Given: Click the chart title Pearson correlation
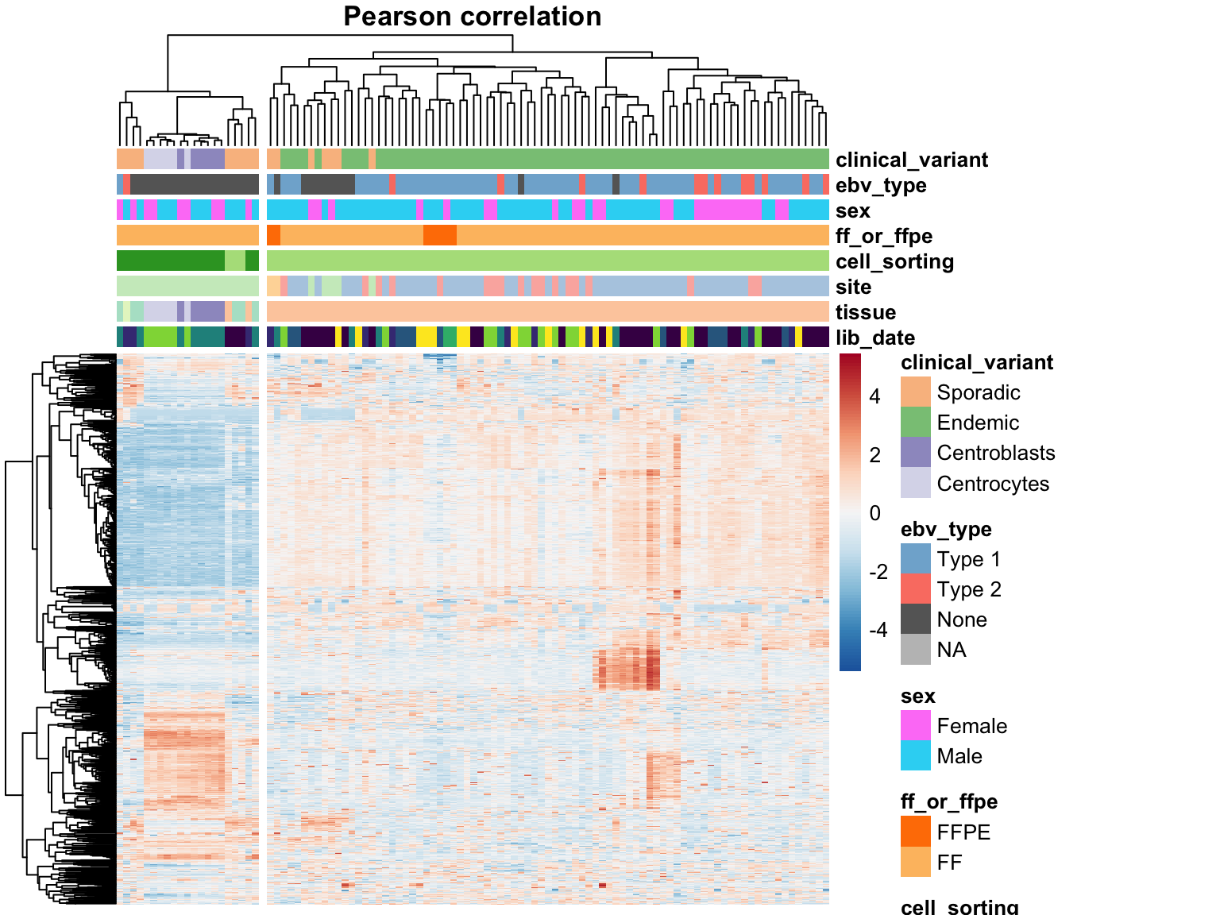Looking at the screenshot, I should [472, 17].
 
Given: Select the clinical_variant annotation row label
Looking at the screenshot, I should [912, 160].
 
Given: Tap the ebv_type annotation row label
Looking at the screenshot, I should [881, 185].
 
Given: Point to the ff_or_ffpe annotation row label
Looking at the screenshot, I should [884, 236].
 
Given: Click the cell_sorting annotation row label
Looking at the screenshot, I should [894, 261].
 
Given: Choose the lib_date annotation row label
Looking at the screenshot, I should [875, 338].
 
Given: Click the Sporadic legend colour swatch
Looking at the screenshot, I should [915, 392].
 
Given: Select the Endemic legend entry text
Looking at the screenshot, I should [978, 423].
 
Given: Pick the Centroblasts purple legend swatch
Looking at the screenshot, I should [915, 453].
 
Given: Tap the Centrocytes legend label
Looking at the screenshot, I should [993, 484].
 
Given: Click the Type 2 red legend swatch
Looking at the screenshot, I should [915, 589].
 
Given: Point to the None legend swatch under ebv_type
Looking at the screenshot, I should [915, 620].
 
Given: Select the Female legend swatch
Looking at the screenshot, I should [915, 726].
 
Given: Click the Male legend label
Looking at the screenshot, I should [959, 756].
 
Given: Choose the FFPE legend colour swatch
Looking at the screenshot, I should [915, 832].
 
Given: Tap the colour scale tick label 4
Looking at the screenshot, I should [874, 396].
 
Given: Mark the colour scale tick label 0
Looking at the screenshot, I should [874, 513].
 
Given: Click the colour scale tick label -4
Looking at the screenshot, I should [878, 630].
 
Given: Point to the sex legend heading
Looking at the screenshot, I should [918, 696].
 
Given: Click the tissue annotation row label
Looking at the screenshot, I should [866, 312].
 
